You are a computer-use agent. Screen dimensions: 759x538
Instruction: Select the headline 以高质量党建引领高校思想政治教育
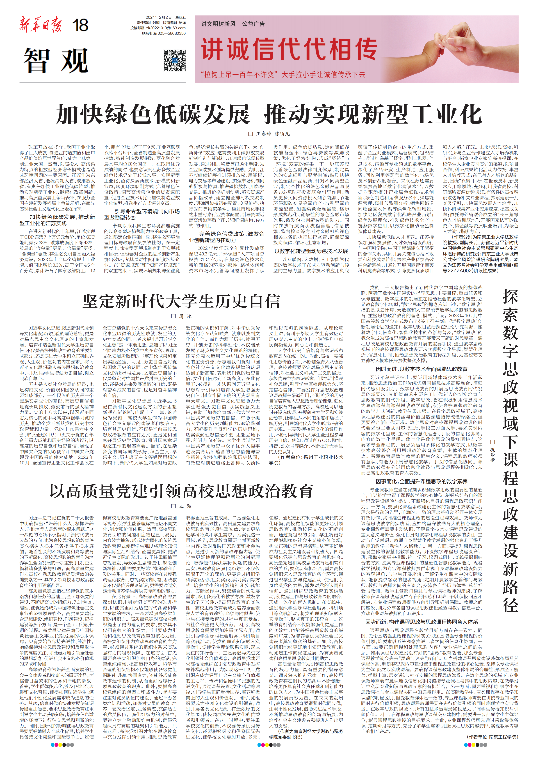[181, 491]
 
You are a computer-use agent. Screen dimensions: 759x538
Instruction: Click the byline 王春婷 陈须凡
[273, 134]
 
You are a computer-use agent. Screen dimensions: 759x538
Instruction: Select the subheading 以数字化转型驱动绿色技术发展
[311, 251]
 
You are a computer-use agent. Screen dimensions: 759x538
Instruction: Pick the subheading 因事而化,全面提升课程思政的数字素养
[421, 481]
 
